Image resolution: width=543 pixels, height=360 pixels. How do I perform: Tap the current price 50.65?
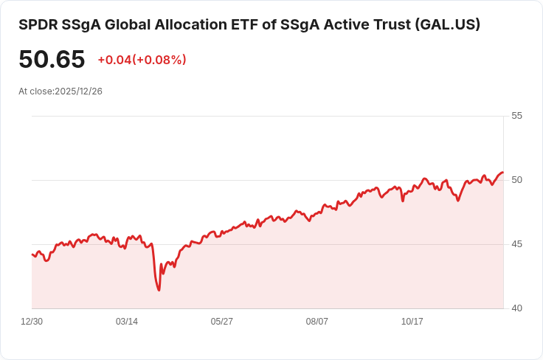point(52,60)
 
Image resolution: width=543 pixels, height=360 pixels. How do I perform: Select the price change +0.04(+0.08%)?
point(142,60)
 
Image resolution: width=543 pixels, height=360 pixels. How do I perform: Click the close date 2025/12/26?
point(79,91)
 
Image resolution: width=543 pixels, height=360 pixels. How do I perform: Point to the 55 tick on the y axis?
point(516,116)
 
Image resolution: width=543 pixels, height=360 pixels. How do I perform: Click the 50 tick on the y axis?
point(516,180)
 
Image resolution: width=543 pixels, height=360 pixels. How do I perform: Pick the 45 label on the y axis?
point(516,244)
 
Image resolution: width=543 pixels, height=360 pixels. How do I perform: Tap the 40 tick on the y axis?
point(516,308)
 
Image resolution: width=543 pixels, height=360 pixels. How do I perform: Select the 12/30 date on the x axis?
point(32,322)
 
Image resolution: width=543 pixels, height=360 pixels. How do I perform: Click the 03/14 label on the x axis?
point(127,322)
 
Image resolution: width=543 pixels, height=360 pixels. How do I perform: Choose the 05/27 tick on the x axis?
point(222,322)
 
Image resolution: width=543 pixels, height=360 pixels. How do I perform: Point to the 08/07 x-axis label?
point(317,322)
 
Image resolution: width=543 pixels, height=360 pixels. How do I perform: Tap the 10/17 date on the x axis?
point(412,322)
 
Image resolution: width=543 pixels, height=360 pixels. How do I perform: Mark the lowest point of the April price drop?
point(159,290)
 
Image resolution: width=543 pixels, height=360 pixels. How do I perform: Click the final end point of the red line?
point(502,173)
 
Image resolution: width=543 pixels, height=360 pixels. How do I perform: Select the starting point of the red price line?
point(32,255)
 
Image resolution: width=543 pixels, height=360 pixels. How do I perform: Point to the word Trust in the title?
point(388,24)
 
